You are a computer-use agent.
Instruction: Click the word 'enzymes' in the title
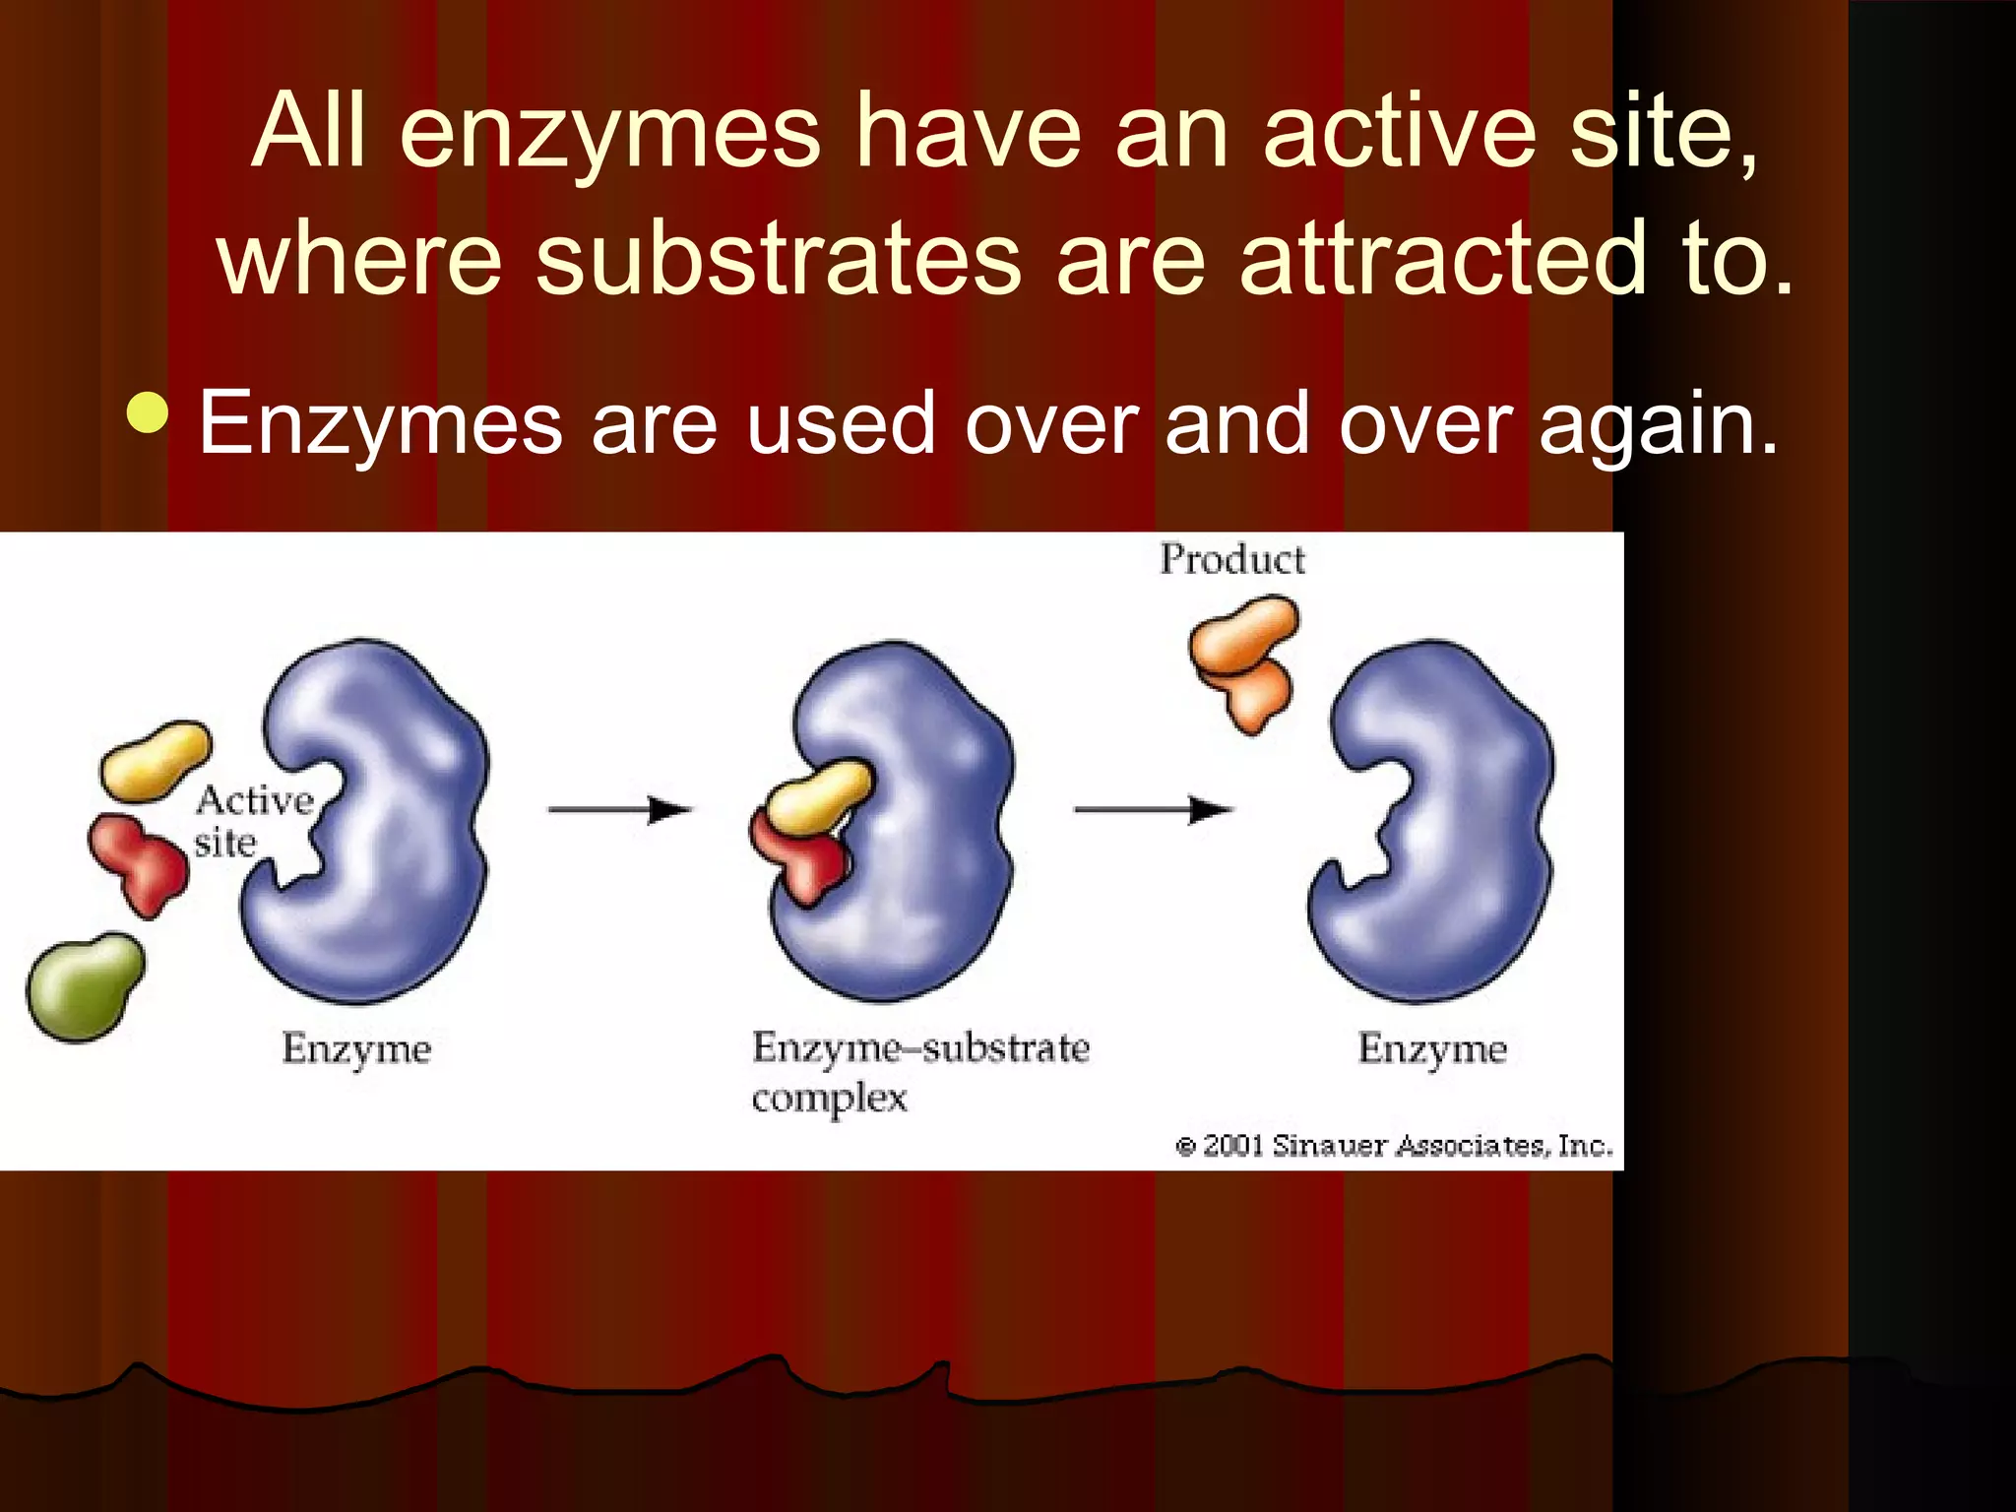pyautogui.click(x=609, y=132)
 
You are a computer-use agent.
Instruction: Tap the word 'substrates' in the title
pyautogui.click(x=778, y=258)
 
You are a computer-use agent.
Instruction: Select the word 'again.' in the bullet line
pyautogui.click(x=1659, y=424)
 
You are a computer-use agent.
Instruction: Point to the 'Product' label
pyautogui.click(x=1231, y=559)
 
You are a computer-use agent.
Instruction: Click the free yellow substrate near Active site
pyautogui.click(x=156, y=760)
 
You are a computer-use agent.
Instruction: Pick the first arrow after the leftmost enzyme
pyautogui.click(x=620, y=810)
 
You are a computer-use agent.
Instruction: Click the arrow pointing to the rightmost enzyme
pyautogui.click(x=1152, y=810)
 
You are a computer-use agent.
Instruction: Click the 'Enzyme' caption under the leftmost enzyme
pyautogui.click(x=356, y=1049)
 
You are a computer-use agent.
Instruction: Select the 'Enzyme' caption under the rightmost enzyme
pyautogui.click(x=1432, y=1049)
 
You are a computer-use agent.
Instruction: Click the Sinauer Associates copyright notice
pyautogui.click(x=1394, y=1146)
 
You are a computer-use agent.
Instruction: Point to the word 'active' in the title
pyautogui.click(x=1399, y=132)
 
